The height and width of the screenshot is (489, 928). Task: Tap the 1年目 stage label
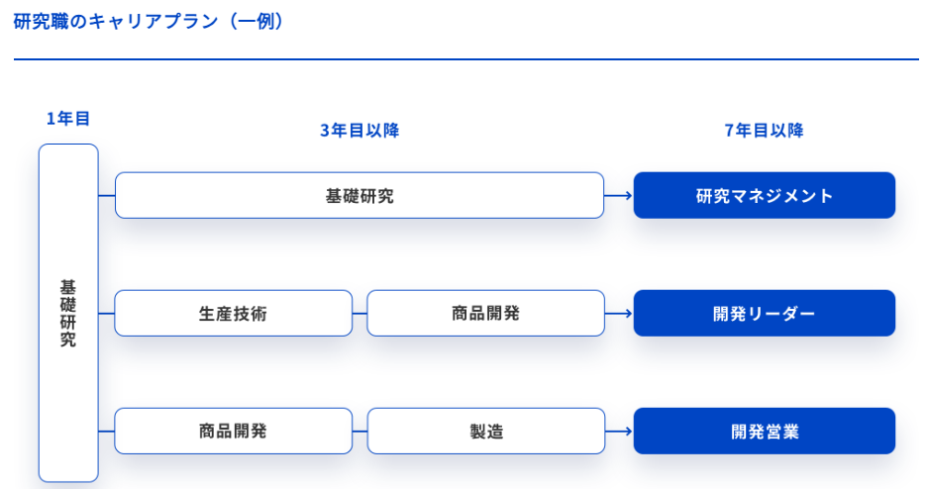(x=68, y=119)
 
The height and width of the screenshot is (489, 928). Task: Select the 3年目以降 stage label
(x=360, y=130)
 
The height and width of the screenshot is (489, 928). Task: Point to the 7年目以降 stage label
(x=764, y=130)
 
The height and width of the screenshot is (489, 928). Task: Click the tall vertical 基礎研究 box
(x=68, y=313)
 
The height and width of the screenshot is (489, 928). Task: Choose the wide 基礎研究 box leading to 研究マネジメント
(x=360, y=195)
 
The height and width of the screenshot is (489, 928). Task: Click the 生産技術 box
(x=233, y=313)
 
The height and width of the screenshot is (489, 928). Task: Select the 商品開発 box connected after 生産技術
(x=486, y=313)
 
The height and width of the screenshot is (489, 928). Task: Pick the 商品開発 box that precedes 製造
(x=233, y=431)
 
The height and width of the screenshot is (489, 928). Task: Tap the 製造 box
(x=486, y=431)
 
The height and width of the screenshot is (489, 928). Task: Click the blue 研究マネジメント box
(x=764, y=195)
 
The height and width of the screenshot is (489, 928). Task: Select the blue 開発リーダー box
(x=764, y=313)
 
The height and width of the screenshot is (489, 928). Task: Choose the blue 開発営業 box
(x=764, y=431)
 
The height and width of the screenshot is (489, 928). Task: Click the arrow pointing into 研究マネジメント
(x=618, y=195)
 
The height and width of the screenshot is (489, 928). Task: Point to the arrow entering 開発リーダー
(x=618, y=314)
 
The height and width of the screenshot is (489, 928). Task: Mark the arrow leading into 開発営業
(x=618, y=431)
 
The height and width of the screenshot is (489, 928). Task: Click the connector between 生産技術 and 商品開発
(x=360, y=314)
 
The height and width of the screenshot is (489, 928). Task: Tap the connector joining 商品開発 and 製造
(x=360, y=431)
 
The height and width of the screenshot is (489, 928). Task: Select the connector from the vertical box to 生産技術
(x=107, y=314)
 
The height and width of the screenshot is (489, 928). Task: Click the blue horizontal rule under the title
(x=466, y=59)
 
